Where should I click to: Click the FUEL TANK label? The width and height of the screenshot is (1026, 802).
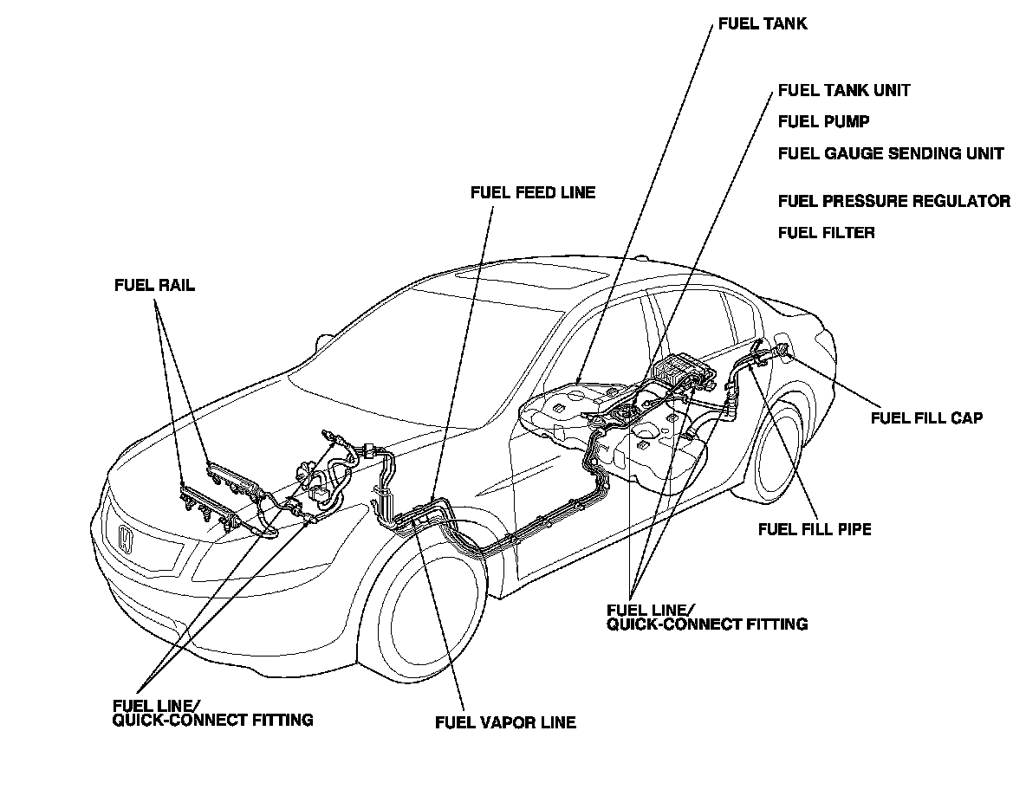coord(763,24)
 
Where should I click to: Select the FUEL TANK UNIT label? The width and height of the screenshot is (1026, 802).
coord(844,90)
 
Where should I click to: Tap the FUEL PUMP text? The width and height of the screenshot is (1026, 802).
coord(823,122)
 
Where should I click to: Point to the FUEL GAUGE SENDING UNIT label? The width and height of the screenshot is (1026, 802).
coord(891,154)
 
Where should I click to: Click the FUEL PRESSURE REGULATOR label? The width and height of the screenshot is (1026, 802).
coord(893,202)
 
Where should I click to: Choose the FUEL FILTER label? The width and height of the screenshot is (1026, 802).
coord(826,233)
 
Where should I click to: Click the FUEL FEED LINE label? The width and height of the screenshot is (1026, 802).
coord(533,192)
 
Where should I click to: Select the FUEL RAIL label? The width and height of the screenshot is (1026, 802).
coord(154,286)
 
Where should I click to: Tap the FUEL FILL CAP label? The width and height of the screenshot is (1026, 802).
coord(926,418)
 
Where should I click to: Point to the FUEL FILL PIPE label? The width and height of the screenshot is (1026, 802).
coord(815,529)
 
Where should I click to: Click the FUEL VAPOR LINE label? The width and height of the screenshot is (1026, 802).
coord(505,722)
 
